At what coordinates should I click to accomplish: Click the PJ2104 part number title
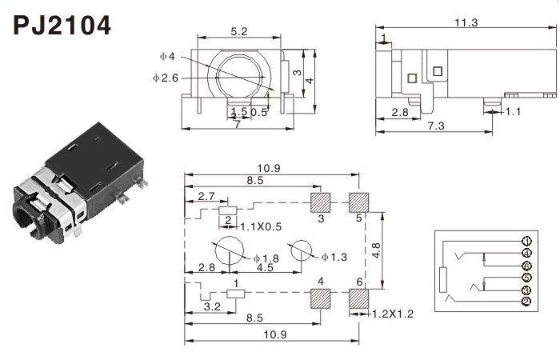click(x=62, y=26)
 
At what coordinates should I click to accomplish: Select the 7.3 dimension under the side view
click(x=436, y=126)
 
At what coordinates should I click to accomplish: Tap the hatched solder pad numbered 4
click(x=321, y=298)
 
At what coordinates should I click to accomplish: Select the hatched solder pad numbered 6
click(x=358, y=298)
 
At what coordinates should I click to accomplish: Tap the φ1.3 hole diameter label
click(x=334, y=257)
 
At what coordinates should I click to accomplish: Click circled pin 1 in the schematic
click(x=526, y=242)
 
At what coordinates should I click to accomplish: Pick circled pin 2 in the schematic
click(x=526, y=302)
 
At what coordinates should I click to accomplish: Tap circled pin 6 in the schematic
click(x=526, y=266)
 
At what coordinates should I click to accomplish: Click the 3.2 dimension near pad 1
click(x=212, y=306)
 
